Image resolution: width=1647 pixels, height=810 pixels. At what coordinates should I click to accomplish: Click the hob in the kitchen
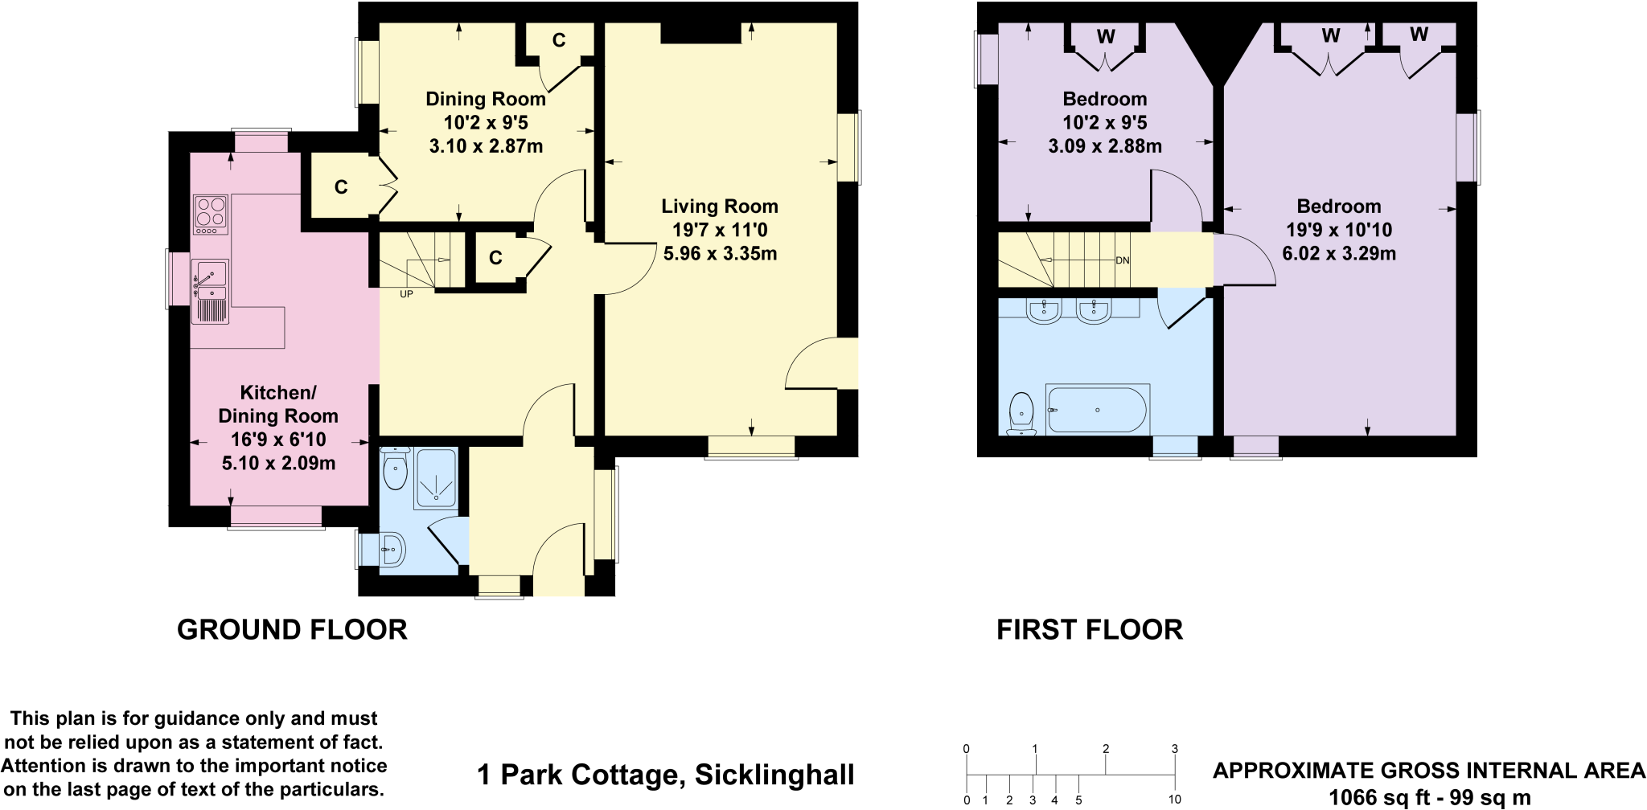click(x=211, y=215)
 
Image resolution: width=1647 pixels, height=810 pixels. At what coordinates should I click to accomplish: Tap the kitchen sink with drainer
click(x=210, y=291)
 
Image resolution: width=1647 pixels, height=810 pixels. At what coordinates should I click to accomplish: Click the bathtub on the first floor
click(x=1097, y=410)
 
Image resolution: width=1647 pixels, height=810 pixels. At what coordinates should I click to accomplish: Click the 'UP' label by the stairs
click(x=406, y=295)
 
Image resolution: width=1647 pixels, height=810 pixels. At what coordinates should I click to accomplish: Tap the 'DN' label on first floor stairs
click(x=1123, y=261)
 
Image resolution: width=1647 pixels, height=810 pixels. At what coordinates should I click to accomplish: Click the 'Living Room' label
click(x=720, y=207)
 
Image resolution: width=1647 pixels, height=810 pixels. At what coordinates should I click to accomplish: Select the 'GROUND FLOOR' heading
click(x=292, y=629)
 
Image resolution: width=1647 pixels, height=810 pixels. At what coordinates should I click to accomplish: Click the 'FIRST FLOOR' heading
click(x=1090, y=629)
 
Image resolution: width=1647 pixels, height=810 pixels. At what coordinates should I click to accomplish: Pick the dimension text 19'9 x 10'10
click(x=1339, y=231)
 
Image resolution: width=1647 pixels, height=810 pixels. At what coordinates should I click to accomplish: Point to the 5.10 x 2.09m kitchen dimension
click(x=278, y=464)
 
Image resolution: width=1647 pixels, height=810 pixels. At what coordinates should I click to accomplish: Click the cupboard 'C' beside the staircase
click(x=495, y=258)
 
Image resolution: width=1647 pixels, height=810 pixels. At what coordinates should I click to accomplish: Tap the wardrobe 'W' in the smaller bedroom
click(x=1106, y=36)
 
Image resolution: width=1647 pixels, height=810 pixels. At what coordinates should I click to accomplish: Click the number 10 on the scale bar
click(x=1174, y=800)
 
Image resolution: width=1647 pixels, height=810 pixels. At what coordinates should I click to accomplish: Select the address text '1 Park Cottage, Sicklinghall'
click(x=665, y=775)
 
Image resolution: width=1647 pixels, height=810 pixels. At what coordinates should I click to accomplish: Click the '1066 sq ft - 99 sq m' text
click(x=1429, y=798)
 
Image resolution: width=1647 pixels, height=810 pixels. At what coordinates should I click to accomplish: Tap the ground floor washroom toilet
click(x=395, y=470)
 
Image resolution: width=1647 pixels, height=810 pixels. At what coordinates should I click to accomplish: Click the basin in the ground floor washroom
click(x=392, y=550)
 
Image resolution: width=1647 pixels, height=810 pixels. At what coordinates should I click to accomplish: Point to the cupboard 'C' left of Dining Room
click(x=341, y=187)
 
